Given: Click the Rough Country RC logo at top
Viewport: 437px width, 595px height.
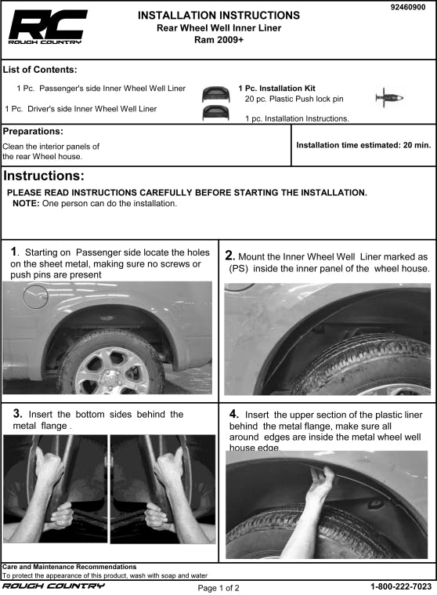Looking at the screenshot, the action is click(x=48, y=27).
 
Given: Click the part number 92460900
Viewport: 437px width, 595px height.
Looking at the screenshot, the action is click(x=408, y=7).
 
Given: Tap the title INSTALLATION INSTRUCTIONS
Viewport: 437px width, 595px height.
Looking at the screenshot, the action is click(x=218, y=15).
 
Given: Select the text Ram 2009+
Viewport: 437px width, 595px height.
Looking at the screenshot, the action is click(x=218, y=40).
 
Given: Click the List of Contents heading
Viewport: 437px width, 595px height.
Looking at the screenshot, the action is click(x=40, y=70).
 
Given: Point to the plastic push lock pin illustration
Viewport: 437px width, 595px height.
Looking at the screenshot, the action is click(x=389, y=98).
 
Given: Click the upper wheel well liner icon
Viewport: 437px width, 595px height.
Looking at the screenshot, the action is click(x=215, y=94).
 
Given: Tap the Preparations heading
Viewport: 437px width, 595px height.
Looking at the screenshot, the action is click(x=33, y=131).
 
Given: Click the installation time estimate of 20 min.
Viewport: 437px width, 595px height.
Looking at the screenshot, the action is click(x=363, y=145).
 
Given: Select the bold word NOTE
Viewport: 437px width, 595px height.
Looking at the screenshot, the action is click(x=26, y=203).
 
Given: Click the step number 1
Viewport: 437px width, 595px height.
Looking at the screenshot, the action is click(x=14, y=252).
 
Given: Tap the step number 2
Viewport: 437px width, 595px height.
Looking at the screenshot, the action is click(x=229, y=256).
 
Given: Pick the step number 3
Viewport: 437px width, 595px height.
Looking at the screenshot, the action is click(x=17, y=413).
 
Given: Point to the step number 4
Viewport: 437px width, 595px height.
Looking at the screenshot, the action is click(x=234, y=414).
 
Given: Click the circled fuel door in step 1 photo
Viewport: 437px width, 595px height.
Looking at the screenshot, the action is click(x=35, y=296).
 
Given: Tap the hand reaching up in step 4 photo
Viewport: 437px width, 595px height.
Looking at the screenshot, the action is click(x=320, y=488).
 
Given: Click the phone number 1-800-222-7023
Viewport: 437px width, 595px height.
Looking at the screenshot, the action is click(x=401, y=586).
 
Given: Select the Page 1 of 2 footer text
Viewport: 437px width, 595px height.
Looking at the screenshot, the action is click(x=218, y=588).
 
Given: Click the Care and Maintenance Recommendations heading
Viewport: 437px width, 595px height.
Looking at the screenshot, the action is click(x=70, y=567).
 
